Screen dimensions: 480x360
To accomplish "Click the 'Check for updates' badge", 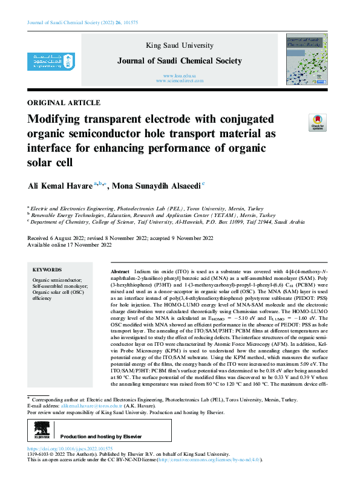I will [317, 122].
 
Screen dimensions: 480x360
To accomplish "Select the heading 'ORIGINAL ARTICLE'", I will [64, 103].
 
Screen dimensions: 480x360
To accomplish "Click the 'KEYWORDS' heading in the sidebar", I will [47, 270].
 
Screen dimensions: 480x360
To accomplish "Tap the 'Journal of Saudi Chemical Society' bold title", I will [180, 61].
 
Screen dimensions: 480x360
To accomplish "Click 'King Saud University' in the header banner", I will [180, 46].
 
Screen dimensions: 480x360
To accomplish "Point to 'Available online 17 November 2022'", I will [70, 245].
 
